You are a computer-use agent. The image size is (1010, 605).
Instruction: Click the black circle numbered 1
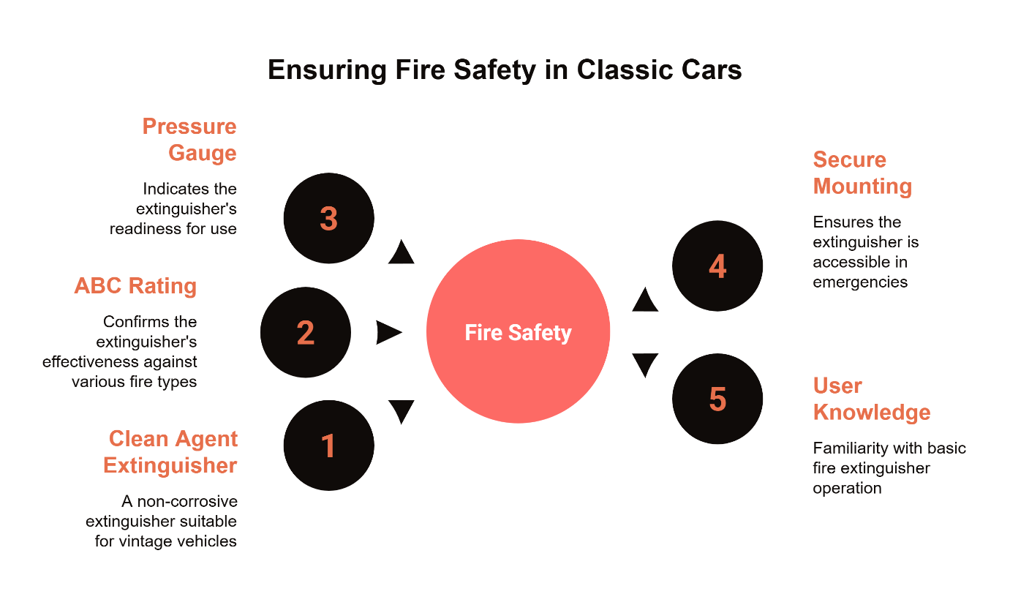coord(328,446)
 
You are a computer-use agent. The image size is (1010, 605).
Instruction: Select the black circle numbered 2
coord(306,332)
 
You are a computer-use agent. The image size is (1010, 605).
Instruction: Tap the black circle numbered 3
coord(328,218)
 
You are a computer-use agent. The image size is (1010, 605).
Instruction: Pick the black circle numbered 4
coord(717,266)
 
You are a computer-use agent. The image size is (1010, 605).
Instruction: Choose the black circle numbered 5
coord(717,399)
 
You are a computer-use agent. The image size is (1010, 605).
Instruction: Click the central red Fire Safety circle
coord(518,332)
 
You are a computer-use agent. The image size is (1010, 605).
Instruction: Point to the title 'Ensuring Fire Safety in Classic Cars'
coord(505,70)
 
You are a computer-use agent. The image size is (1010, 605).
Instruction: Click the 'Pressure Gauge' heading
coord(189,140)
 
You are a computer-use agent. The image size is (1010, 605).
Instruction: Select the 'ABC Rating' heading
coord(135,285)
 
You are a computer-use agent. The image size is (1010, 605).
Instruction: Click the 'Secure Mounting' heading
coord(862,173)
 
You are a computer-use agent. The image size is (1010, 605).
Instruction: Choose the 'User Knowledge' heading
coord(871,399)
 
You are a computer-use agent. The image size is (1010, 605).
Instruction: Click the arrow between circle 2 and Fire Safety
coord(389,332)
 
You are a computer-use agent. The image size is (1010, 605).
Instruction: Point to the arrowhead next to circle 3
coord(402,252)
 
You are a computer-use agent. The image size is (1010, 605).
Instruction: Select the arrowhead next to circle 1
coord(402,412)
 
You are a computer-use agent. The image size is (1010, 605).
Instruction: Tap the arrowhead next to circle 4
coord(645,300)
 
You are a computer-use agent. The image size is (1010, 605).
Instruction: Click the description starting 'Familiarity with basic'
coord(889,467)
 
